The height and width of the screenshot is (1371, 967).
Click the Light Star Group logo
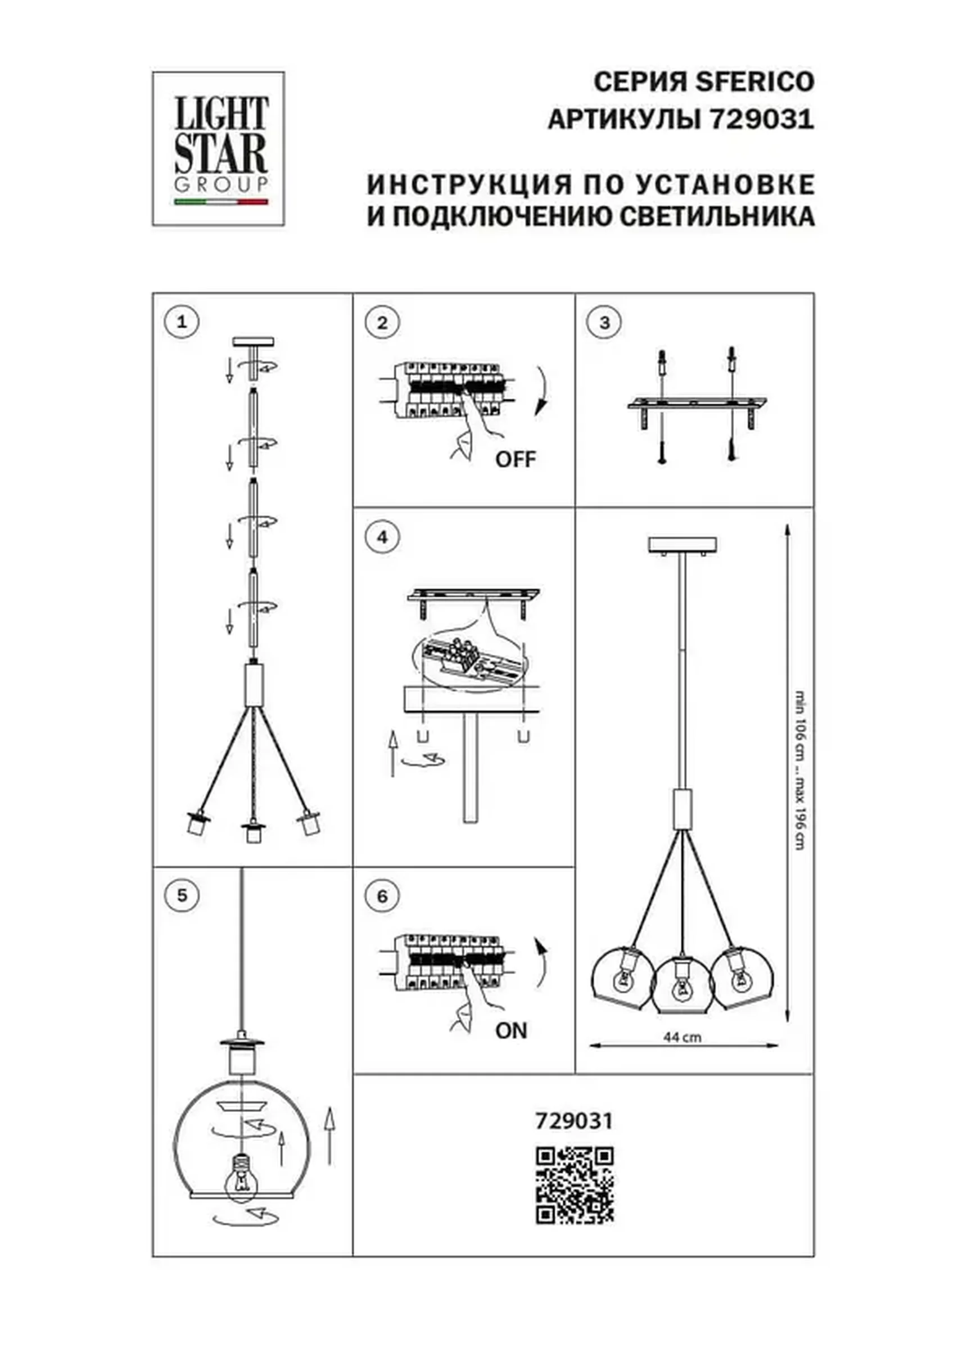[218, 149]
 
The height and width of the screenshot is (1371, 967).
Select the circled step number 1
[182, 322]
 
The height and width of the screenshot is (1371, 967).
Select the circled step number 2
[382, 323]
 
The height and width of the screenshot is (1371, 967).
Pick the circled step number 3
[604, 323]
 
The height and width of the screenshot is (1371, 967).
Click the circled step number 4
[382, 537]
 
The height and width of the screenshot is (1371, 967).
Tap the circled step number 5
[182, 895]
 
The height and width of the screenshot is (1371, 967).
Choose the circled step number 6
[382, 895]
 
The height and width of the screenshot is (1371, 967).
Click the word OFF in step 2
[516, 459]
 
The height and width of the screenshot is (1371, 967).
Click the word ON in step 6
[511, 1030]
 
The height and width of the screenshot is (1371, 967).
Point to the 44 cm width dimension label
[682, 1037]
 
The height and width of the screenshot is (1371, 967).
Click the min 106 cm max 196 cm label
[801, 770]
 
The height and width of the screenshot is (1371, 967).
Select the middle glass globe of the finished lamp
[681, 985]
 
